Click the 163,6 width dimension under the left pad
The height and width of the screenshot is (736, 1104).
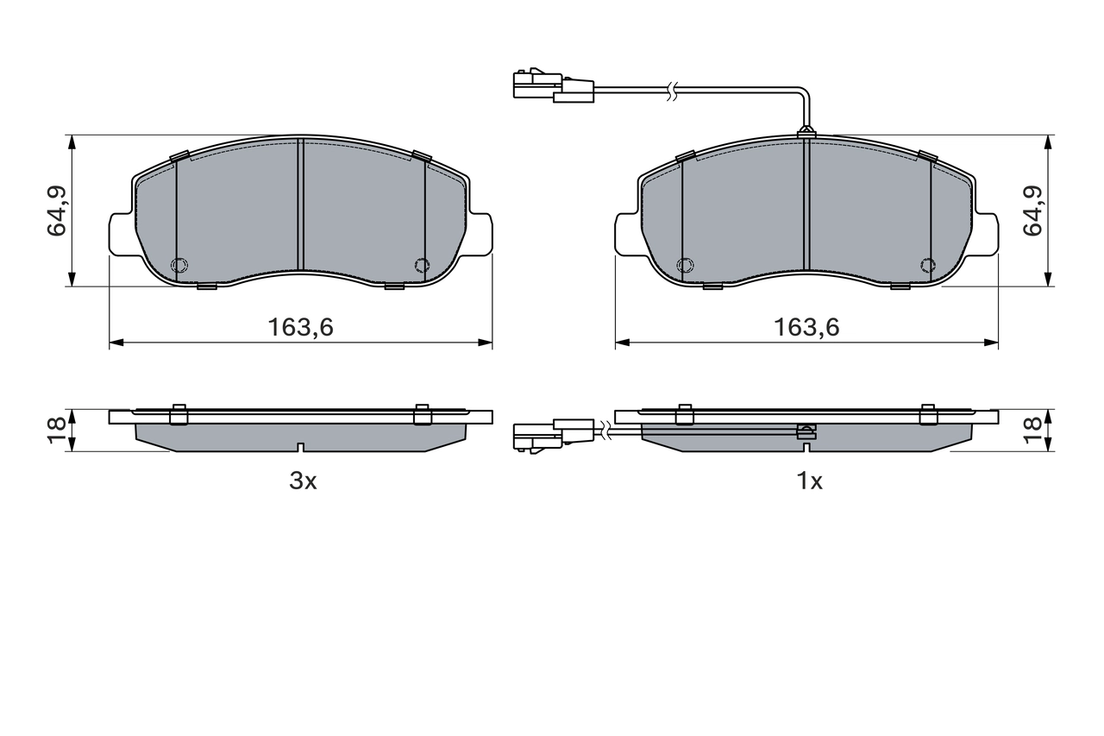[x=300, y=328]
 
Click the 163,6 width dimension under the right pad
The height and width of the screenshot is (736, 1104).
[x=806, y=328]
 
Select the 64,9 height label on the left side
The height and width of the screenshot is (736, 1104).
[x=58, y=211]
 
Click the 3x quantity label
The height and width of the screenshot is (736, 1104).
[x=303, y=481]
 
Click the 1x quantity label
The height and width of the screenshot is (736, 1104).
[x=809, y=481]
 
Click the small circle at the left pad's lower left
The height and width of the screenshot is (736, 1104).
[x=179, y=265]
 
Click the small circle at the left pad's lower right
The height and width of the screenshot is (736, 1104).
[x=421, y=265]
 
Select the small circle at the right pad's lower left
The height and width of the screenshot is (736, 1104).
[x=686, y=265]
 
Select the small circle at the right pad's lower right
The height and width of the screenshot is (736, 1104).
[x=927, y=265]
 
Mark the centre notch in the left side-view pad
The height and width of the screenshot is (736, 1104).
[x=299, y=447]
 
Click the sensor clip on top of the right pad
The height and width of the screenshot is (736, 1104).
[x=806, y=132]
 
